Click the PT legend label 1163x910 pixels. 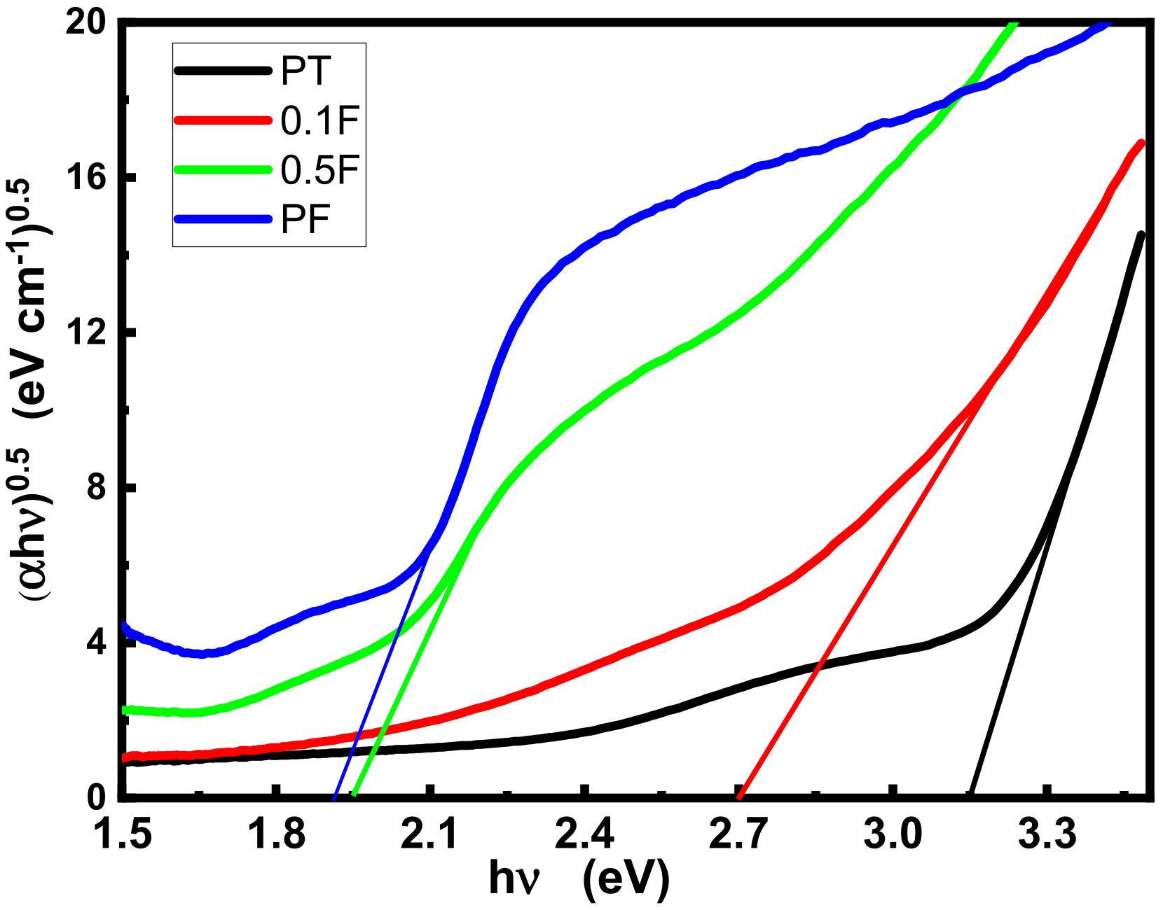[305, 71]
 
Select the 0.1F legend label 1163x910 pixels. [319, 121]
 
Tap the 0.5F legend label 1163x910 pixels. [319, 170]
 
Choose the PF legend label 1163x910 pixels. [305, 220]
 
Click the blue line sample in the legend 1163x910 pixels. [222, 219]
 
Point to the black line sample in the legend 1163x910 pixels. [222, 70]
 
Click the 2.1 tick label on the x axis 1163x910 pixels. [429, 835]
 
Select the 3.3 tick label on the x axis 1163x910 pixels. [1047, 835]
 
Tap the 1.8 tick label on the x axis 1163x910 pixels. [278, 835]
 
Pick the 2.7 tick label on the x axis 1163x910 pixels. [738, 835]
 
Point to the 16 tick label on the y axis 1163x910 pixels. [90, 178]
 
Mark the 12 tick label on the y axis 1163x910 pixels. [90, 332]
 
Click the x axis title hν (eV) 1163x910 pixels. [579, 878]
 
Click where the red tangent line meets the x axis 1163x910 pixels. [739, 796]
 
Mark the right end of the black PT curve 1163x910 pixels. [1141, 235]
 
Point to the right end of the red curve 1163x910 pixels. [1141, 143]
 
